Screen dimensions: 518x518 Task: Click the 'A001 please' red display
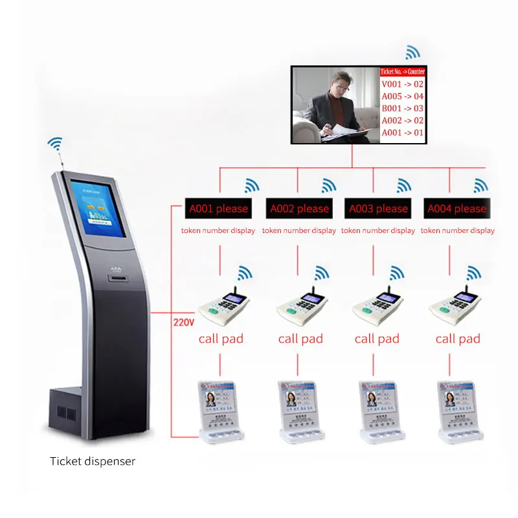click(218, 208)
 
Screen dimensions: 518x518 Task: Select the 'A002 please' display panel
click(299, 208)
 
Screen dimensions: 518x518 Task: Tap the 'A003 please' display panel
click(378, 208)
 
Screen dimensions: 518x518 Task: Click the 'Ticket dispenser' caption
click(93, 462)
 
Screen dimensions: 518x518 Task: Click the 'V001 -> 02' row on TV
click(401, 84)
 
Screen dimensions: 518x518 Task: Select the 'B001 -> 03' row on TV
click(401, 108)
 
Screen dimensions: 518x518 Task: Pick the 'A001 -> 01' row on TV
click(401, 133)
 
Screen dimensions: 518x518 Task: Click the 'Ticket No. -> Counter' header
click(401, 72)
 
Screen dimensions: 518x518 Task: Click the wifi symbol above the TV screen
click(412, 52)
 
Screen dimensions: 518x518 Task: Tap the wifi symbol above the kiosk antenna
click(56, 143)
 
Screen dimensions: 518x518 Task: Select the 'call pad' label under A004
click(457, 339)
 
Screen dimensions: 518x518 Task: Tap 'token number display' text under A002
click(299, 231)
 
